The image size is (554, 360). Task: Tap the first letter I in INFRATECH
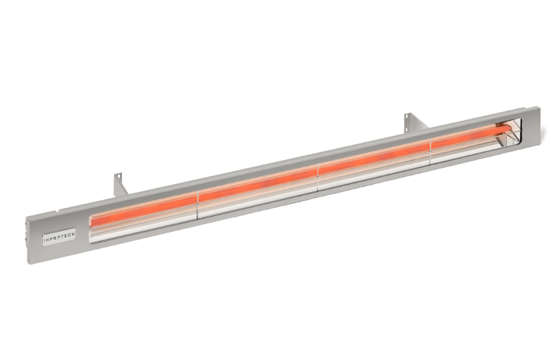tap(45, 239)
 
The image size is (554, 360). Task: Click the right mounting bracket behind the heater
tap(409, 124)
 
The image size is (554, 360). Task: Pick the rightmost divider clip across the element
tap(431, 147)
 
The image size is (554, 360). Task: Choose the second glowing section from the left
tap(257, 183)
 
